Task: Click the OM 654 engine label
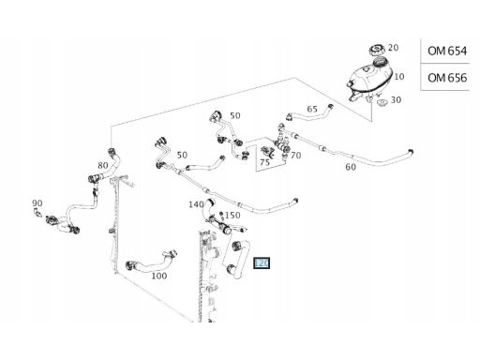click(x=447, y=51)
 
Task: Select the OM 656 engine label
click(x=447, y=78)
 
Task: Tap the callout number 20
click(x=394, y=48)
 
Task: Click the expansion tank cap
click(x=377, y=50)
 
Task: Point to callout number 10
click(x=399, y=76)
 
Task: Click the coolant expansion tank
click(x=369, y=79)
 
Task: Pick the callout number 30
click(x=396, y=100)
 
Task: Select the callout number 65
click(x=312, y=109)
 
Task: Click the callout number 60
click(x=351, y=167)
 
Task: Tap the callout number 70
click(x=295, y=156)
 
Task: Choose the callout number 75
click(x=264, y=162)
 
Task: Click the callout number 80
click(x=103, y=165)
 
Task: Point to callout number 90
click(x=37, y=203)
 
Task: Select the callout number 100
click(x=159, y=276)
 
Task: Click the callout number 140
click(x=196, y=204)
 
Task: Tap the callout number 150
click(x=232, y=216)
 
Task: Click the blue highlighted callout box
click(x=262, y=263)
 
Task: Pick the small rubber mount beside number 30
click(x=382, y=103)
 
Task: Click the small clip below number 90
click(x=37, y=213)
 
